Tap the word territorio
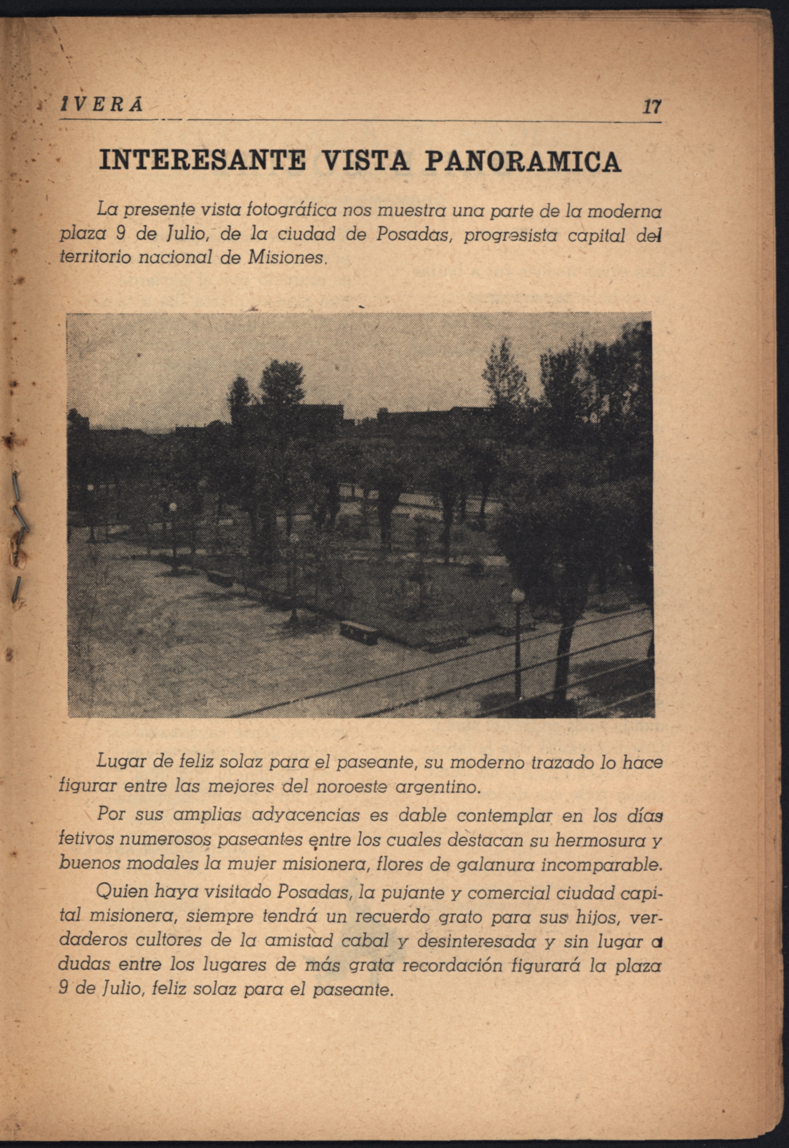point(94,258)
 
